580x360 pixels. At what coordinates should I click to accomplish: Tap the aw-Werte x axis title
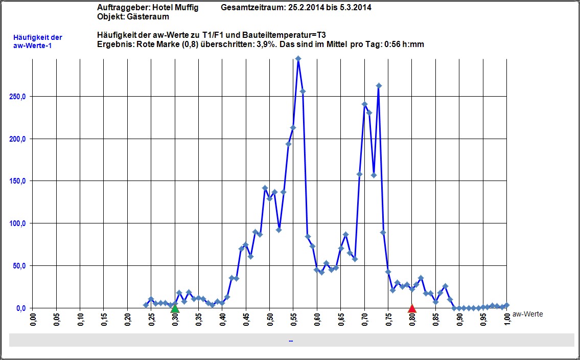[x=527, y=314]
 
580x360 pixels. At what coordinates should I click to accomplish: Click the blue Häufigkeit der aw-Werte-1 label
[x=38, y=41]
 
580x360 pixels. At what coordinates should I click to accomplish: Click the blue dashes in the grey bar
[x=290, y=340]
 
